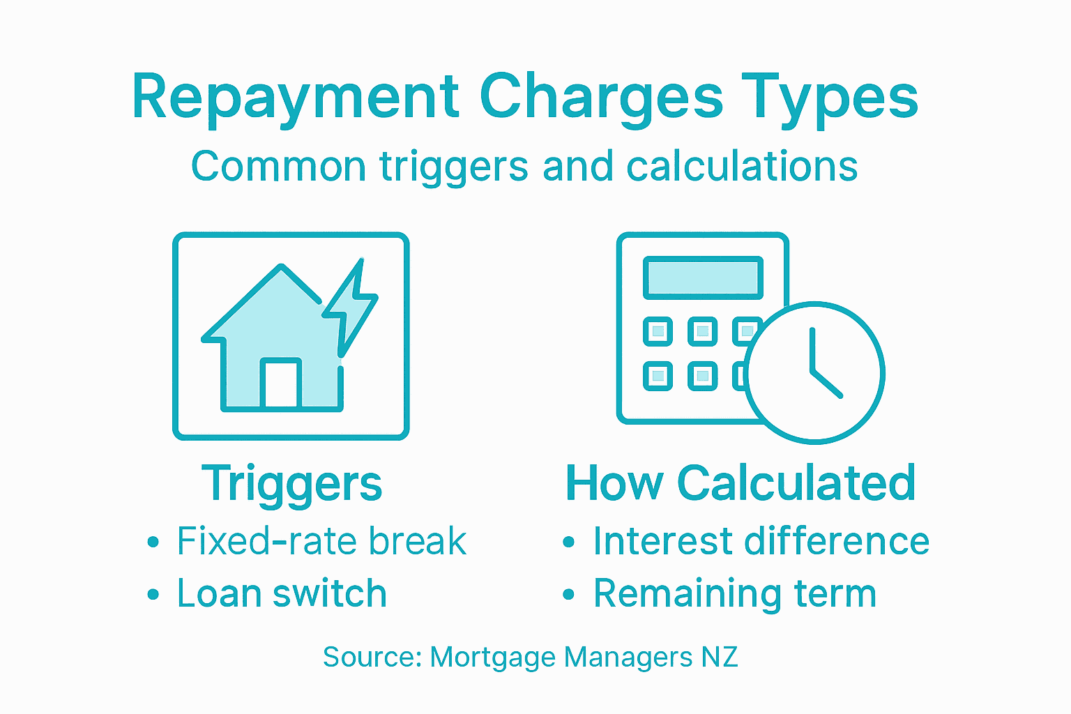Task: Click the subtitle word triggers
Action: pyautogui.click(x=456, y=167)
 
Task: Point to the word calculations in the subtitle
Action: pyautogui.click(x=741, y=167)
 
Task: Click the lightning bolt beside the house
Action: pyautogui.click(x=352, y=307)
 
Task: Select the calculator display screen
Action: pyautogui.click(x=703, y=278)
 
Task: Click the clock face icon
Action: pyautogui.click(x=814, y=372)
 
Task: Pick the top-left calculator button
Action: pyautogui.click(x=658, y=331)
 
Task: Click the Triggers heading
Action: pyautogui.click(x=291, y=483)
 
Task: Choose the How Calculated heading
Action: pyautogui.click(x=740, y=483)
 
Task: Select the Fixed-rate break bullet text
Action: pyautogui.click(x=321, y=542)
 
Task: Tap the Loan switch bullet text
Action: pyautogui.click(x=282, y=594)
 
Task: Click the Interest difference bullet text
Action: pyautogui.click(x=761, y=542)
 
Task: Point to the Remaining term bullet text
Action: pyautogui.click(x=734, y=594)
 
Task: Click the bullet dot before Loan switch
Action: pyautogui.click(x=153, y=595)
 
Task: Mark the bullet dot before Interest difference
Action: pyautogui.click(x=569, y=542)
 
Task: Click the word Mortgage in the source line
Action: pyautogui.click(x=492, y=658)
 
